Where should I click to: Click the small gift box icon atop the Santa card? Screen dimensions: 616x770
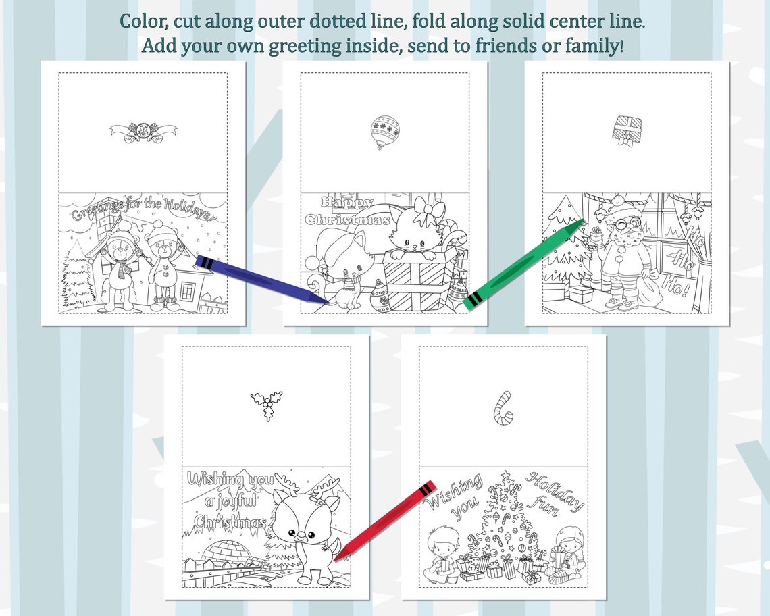tap(626, 130)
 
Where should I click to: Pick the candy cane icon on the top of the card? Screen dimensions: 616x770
tap(503, 407)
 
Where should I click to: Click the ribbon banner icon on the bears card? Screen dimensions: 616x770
tap(143, 131)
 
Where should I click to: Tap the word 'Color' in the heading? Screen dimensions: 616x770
tap(143, 21)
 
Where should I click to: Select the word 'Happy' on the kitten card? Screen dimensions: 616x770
tap(347, 202)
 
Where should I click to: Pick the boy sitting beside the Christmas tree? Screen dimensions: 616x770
tap(444, 554)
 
